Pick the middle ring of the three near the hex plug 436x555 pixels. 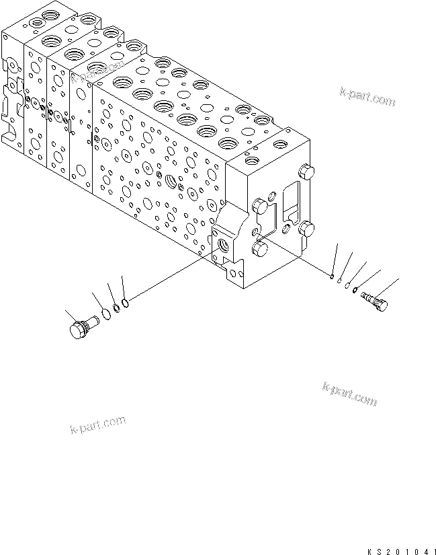[117, 307]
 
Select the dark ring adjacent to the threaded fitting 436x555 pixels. [355, 291]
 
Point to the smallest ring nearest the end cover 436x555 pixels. [333, 275]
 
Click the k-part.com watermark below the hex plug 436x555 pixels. [97, 424]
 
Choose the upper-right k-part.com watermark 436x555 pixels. [367, 98]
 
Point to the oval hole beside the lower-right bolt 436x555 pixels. [287, 228]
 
